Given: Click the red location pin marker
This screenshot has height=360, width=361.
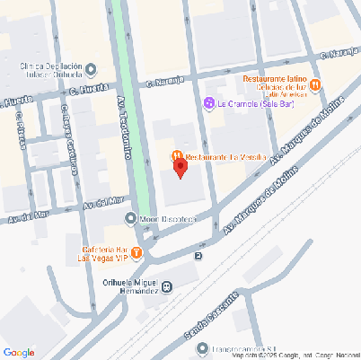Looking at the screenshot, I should tap(180, 168).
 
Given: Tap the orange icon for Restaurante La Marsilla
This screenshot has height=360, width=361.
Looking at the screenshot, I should tap(178, 156).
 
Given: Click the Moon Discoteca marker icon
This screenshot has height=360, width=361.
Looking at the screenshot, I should tap(131, 218).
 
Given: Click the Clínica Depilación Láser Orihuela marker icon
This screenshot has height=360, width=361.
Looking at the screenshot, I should tap(92, 67).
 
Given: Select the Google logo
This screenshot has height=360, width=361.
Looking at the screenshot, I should tap(19, 351).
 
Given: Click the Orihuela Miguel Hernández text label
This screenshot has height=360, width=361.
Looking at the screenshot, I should tap(126, 285).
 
